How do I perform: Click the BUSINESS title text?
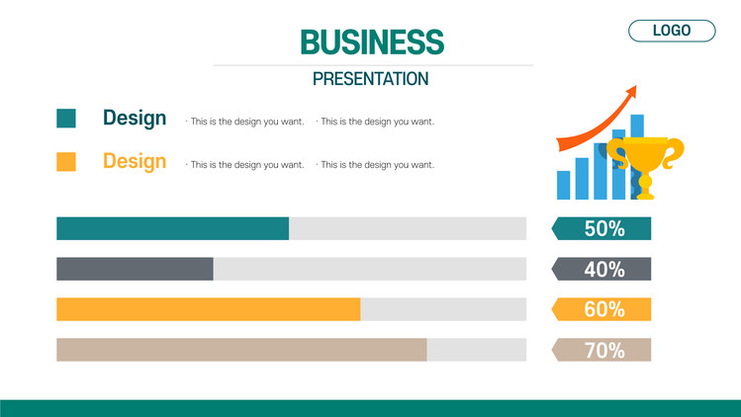[x=372, y=42]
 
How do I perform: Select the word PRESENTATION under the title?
[x=370, y=79]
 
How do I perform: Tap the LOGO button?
[x=672, y=31]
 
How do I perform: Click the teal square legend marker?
[x=66, y=118]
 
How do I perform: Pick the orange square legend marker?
[x=66, y=161]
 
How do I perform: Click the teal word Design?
[x=135, y=118]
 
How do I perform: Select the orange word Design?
[x=135, y=161]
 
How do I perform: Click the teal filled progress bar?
[x=172, y=228]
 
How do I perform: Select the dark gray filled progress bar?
[x=135, y=269]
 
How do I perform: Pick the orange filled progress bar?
[x=209, y=309]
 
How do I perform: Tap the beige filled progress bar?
[x=241, y=350]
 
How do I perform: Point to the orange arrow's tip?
[x=636, y=86]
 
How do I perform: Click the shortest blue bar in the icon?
[x=563, y=185]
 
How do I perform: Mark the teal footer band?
[x=370, y=408]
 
